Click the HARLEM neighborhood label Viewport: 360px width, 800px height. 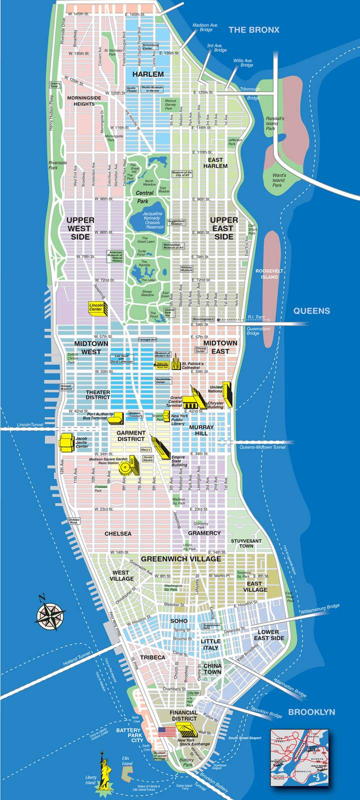coord(148,74)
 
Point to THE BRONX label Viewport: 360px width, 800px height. coord(254,30)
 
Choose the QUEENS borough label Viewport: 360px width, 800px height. coord(311,310)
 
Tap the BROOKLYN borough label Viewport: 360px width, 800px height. coord(311,712)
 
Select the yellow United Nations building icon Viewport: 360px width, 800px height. coord(227,394)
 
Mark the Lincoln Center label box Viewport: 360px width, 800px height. coord(96,307)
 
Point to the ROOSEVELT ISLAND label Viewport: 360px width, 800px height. coord(269,273)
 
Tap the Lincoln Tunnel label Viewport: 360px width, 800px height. coord(30,424)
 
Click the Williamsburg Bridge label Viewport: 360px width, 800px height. coord(320,609)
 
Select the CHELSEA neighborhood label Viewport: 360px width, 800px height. coord(118,533)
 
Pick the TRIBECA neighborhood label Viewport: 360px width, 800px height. coord(152,657)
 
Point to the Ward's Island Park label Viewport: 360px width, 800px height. coord(279,180)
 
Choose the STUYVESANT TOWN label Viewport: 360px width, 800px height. coord(246,543)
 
